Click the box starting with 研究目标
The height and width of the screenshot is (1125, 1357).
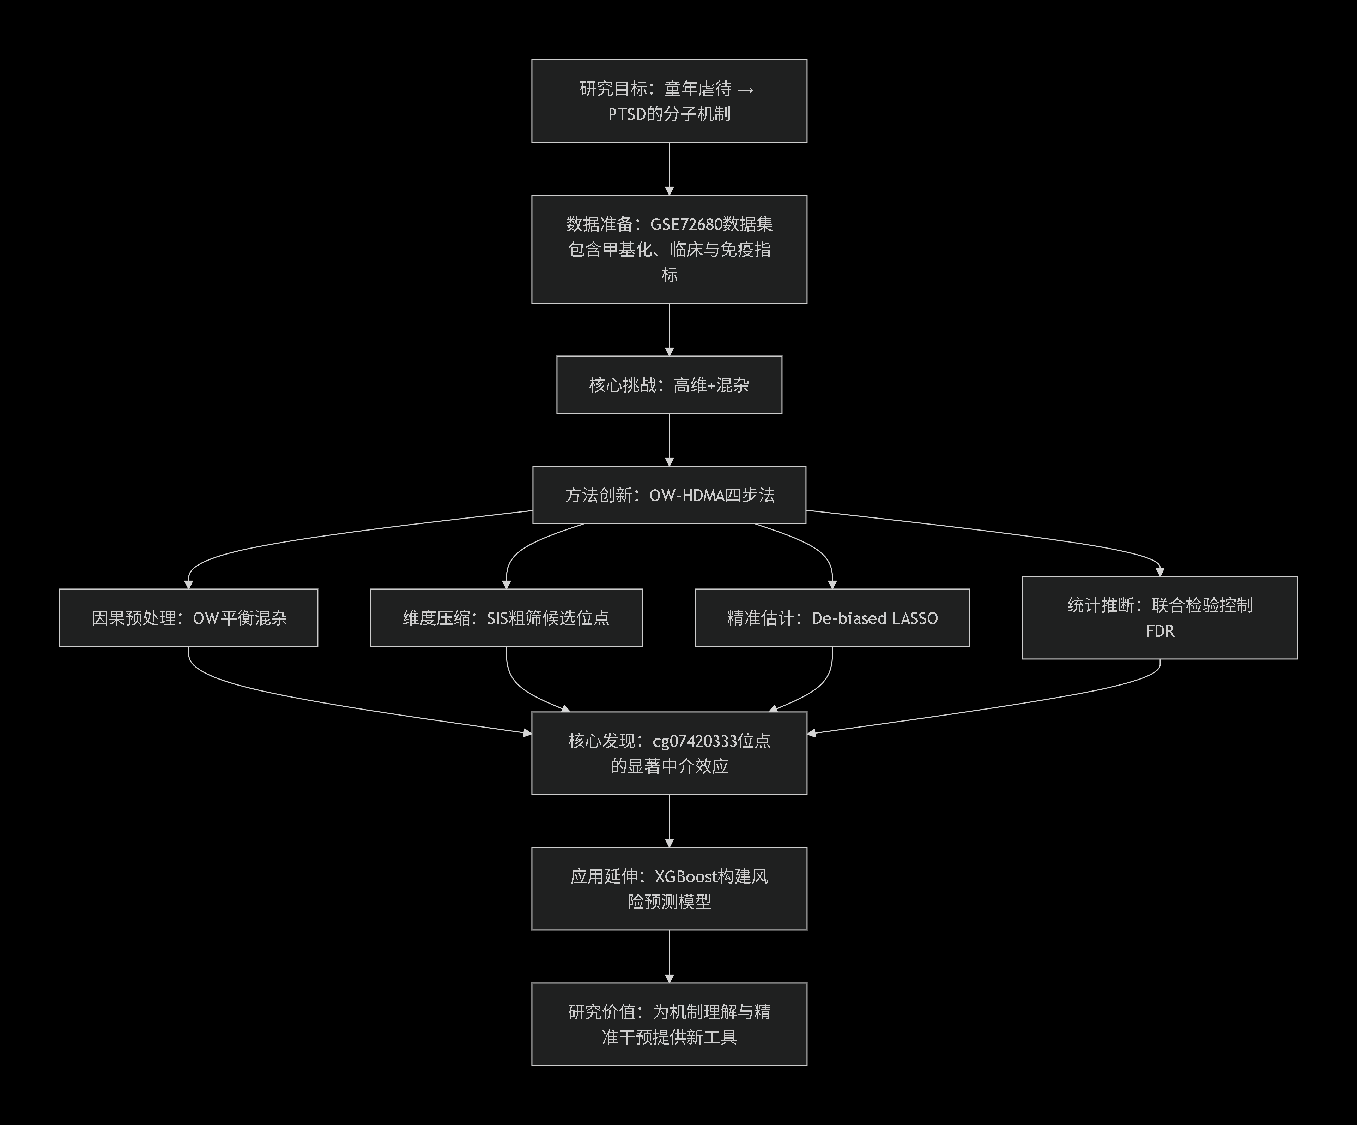coord(669,101)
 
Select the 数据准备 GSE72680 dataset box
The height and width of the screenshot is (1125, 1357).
coord(669,249)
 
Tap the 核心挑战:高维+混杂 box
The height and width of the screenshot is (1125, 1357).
coord(669,385)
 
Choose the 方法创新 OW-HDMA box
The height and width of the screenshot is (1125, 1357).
coord(669,495)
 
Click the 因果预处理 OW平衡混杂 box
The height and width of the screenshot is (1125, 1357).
coord(188,617)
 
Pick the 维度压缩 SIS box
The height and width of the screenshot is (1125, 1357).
coord(506,617)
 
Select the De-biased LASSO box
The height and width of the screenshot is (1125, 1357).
coord(832,617)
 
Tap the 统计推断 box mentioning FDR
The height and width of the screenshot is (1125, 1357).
coord(1159,617)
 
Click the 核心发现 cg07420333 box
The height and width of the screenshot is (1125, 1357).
coord(669,753)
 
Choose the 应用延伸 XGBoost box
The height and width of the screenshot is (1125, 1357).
coord(669,889)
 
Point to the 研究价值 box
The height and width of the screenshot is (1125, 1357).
coord(669,1024)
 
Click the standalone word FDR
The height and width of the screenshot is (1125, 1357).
coord(1159,631)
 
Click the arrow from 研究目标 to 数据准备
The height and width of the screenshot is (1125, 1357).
coord(669,168)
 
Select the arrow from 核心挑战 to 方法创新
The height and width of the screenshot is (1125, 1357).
coord(669,439)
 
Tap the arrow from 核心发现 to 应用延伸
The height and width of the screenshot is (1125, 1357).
coord(669,821)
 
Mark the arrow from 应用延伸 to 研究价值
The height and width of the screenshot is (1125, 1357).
coord(669,957)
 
